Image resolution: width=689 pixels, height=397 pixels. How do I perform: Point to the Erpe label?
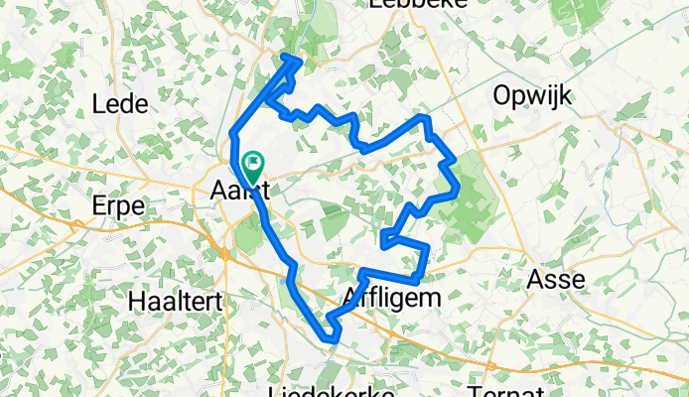tap(117, 205)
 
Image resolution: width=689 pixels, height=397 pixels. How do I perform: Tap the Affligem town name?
tap(389, 297)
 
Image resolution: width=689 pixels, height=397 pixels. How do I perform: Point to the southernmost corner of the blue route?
tap(334, 342)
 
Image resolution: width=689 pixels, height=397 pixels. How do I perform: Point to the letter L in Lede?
tap(98, 103)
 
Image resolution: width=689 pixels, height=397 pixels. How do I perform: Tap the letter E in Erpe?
tap(96, 205)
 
